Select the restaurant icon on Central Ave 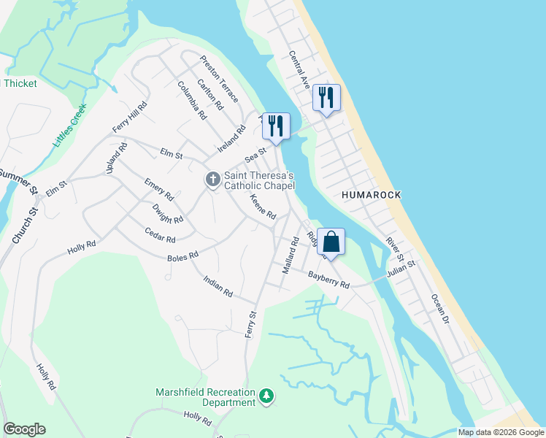coord(326,99)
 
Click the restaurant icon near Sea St coord(276,126)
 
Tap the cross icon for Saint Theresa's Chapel coord(212,179)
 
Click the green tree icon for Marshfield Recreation coord(267,396)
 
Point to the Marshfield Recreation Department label coord(205,397)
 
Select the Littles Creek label coord(70,124)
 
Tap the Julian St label coord(401,269)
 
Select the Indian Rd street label coord(218,286)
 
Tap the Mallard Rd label coord(290,255)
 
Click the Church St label coord(25,226)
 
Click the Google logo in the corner coord(24,429)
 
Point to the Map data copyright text coord(500,432)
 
